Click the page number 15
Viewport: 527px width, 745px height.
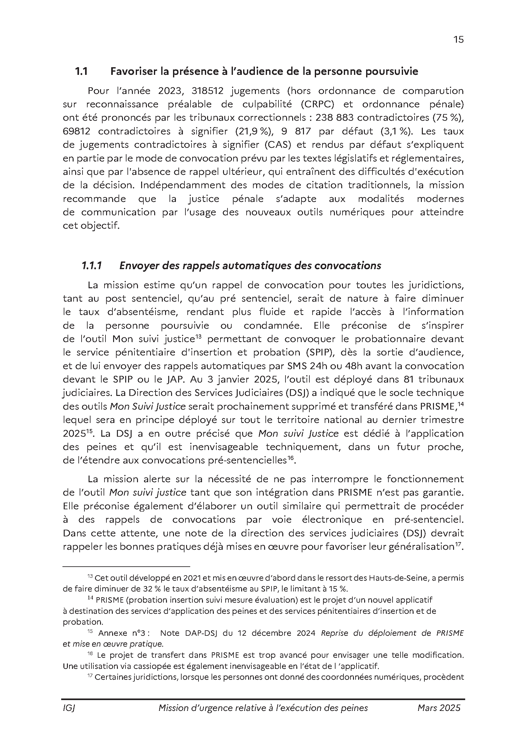[458, 39]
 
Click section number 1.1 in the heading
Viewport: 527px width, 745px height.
[81, 71]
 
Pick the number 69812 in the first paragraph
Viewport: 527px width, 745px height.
[76, 132]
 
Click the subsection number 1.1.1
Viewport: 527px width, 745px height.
[92, 266]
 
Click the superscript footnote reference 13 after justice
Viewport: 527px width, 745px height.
[199, 336]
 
